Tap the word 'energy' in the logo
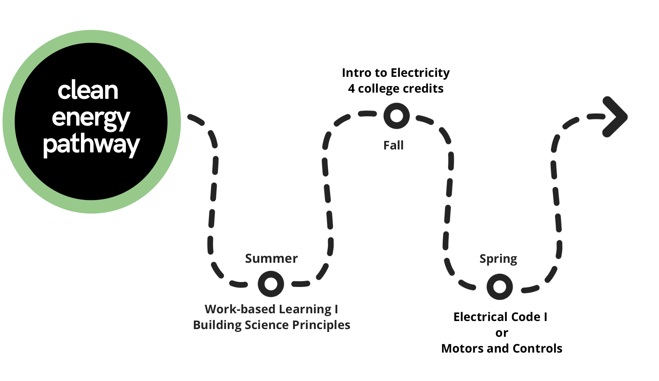91,118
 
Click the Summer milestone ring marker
271,283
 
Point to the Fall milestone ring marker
396,116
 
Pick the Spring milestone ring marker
500,287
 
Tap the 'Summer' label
271,259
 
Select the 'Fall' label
393,145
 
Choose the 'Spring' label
498,259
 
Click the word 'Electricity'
420,73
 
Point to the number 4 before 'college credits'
351,89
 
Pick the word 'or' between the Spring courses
502,333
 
